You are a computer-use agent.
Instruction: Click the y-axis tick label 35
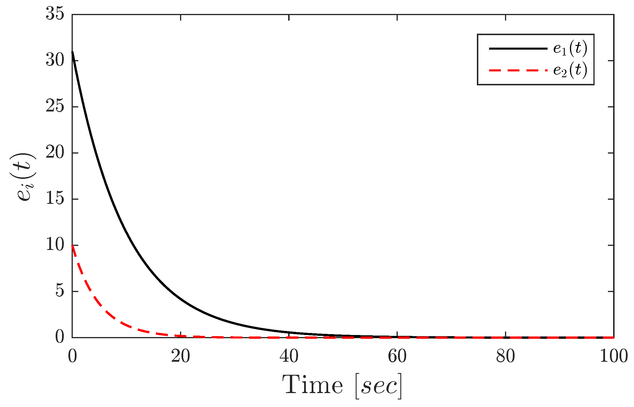[x=55, y=14]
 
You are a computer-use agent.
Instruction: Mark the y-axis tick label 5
[x=59, y=291]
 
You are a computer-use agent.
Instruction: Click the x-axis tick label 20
[x=180, y=356]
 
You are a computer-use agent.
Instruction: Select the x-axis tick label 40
[x=289, y=356]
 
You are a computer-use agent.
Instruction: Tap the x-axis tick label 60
[x=397, y=356]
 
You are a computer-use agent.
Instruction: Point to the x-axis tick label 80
[x=505, y=356]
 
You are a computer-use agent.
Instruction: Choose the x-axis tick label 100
[x=613, y=356]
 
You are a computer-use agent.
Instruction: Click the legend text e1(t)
[x=570, y=48]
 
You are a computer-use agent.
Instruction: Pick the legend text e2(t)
[x=570, y=71]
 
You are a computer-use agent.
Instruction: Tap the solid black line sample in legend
[x=518, y=48]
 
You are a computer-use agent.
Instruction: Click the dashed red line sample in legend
[x=518, y=70]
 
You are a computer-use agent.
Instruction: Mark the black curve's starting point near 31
[x=72, y=52]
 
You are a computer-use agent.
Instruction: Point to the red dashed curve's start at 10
[x=72, y=246]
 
